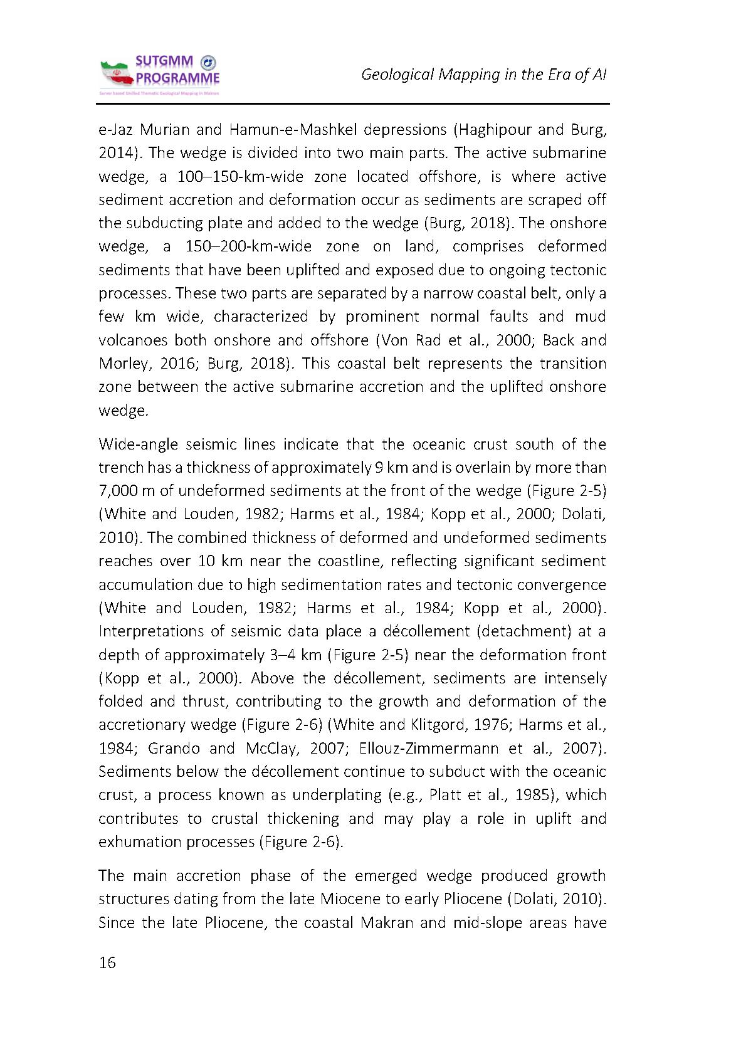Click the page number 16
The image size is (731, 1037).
click(107, 962)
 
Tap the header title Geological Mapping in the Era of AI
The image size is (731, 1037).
click(484, 75)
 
